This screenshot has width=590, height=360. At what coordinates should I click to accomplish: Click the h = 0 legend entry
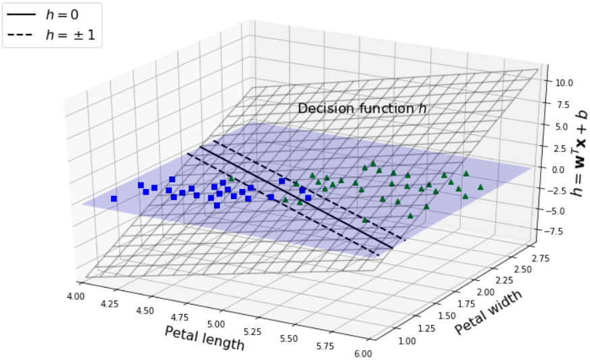pyautogui.click(x=52, y=15)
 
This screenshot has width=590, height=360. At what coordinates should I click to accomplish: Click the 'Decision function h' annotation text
pyautogui.click(x=362, y=108)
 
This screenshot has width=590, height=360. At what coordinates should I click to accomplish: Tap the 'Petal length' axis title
pyautogui.click(x=204, y=338)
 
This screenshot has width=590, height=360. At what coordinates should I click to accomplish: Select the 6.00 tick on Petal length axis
pyautogui.click(x=363, y=353)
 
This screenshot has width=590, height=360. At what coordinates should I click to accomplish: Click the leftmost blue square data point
pyautogui.click(x=114, y=199)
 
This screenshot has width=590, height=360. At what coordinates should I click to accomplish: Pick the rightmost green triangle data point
pyautogui.click(x=481, y=187)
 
